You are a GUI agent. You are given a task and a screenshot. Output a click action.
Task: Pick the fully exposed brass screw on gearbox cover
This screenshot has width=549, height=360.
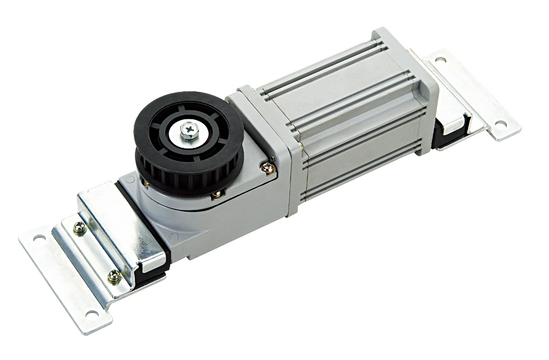[269, 166]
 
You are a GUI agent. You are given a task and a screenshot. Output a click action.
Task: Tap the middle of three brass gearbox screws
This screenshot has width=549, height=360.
[215, 194]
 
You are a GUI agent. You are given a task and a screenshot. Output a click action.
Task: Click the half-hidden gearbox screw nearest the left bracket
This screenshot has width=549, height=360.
[145, 183]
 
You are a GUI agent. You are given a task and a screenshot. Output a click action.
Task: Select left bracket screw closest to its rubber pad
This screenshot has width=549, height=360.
[114, 275]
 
